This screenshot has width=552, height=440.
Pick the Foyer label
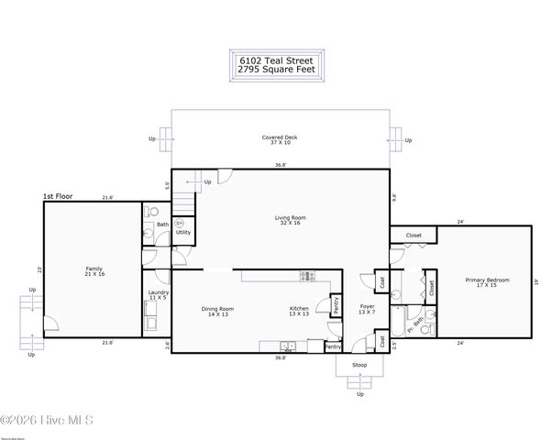pos(367,309)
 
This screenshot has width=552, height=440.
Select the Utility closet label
pos(182,232)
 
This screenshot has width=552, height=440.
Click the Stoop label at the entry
pos(359,365)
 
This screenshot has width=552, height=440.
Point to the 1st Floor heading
pos(57,196)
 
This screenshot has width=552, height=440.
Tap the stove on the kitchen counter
pos(306,276)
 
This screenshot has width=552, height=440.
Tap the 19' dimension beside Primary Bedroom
pos(536,283)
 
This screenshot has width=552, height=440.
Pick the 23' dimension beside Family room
pos(39,269)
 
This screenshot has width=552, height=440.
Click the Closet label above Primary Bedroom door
pos(414,236)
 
